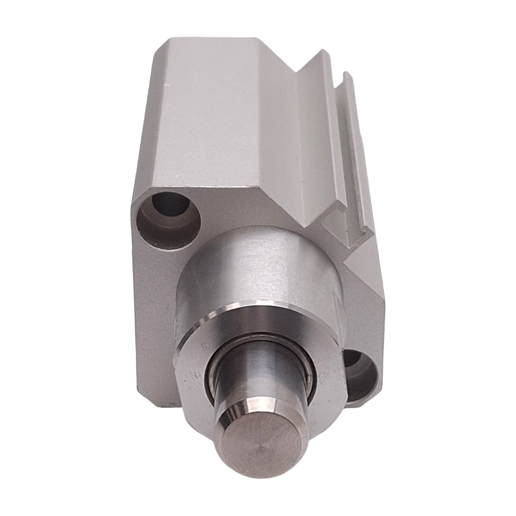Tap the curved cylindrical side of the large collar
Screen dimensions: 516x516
point(250,271)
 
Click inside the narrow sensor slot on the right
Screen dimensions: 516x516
point(336,161)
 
